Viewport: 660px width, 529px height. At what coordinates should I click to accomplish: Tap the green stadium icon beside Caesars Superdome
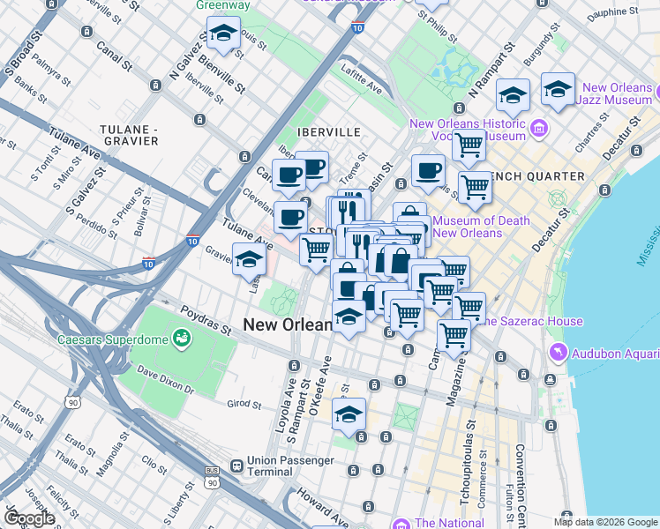coord(183,337)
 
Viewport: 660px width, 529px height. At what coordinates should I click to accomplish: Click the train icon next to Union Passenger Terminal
coord(236,466)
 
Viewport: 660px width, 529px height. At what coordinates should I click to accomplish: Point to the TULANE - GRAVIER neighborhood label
coord(130,134)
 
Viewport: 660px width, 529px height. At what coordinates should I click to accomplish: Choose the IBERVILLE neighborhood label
coord(329,131)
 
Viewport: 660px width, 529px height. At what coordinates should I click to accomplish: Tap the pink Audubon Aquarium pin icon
coord(557,354)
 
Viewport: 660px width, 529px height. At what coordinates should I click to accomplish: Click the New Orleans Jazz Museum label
coord(617,94)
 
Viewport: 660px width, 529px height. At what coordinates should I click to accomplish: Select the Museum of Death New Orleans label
coord(482,227)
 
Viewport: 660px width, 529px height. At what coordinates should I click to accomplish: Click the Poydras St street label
coord(206,321)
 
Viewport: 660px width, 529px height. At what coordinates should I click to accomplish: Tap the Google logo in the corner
coord(28,518)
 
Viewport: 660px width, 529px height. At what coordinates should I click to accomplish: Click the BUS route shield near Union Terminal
coord(212,472)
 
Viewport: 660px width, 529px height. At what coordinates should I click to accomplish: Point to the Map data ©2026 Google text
coord(605,521)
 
